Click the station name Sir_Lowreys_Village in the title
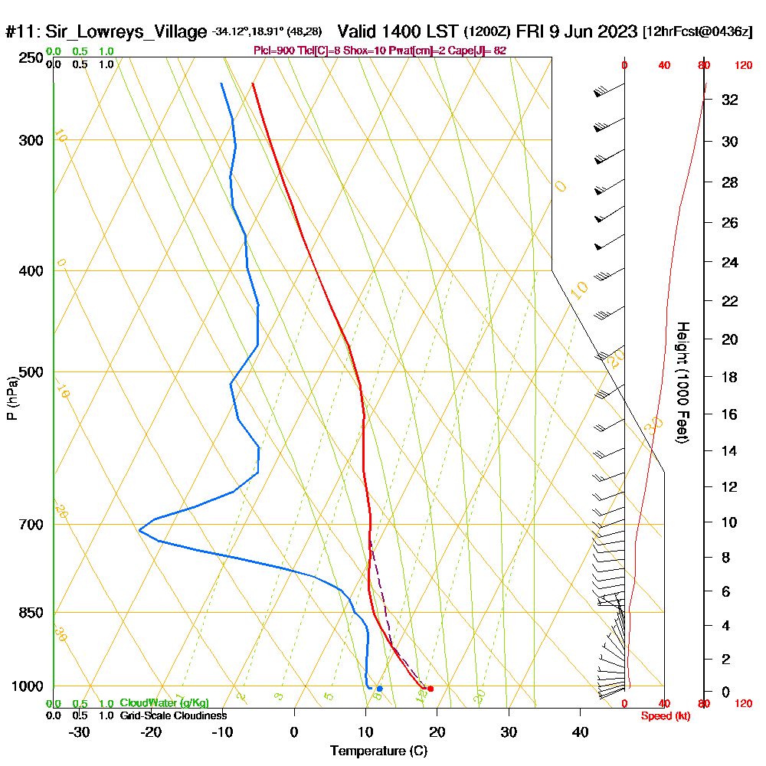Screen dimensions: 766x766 pyautogui.click(x=126, y=32)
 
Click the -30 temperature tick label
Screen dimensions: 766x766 pyautogui.click(x=80, y=732)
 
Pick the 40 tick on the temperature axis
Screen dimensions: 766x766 pyautogui.click(x=580, y=732)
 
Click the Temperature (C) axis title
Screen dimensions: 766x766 pyautogui.click(x=378, y=751)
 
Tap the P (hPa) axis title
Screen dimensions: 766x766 pyautogui.click(x=11, y=398)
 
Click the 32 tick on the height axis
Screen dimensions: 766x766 pyautogui.click(x=730, y=100)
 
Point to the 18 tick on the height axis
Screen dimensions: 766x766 pyautogui.click(x=730, y=377)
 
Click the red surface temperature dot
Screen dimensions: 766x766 pyautogui.click(x=430, y=689)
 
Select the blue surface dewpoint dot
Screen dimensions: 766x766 pyautogui.click(x=379, y=689)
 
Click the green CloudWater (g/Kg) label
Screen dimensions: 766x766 pyautogui.click(x=164, y=703)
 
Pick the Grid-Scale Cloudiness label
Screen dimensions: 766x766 pyautogui.click(x=172, y=715)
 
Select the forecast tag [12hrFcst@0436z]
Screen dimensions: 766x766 pyautogui.click(x=698, y=32)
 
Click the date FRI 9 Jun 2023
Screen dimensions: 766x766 pyautogui.click(x=577, y=32)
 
